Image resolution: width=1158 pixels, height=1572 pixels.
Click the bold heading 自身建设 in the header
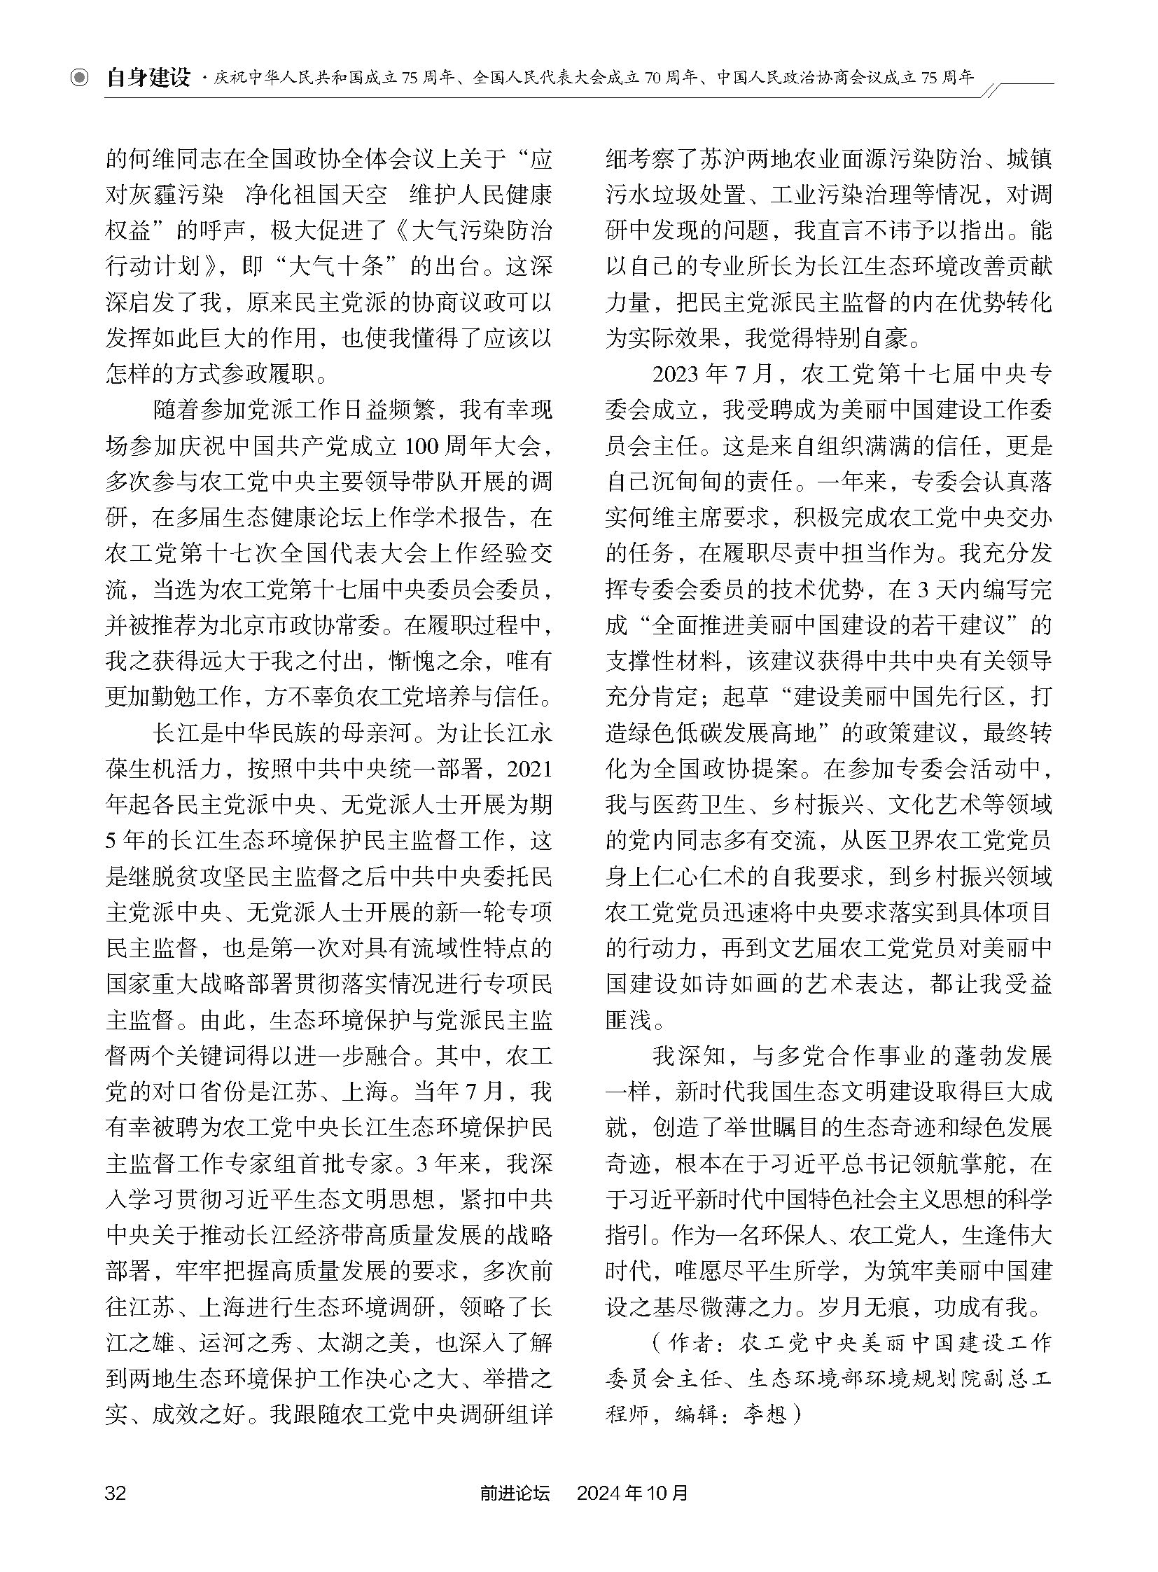pyautogui.click(x=148, y=78)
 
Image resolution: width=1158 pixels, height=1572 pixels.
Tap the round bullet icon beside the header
pyautogui.click(x=81, y=78)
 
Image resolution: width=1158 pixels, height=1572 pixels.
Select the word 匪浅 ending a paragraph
pyautogui.click(x=629, y=1020)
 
